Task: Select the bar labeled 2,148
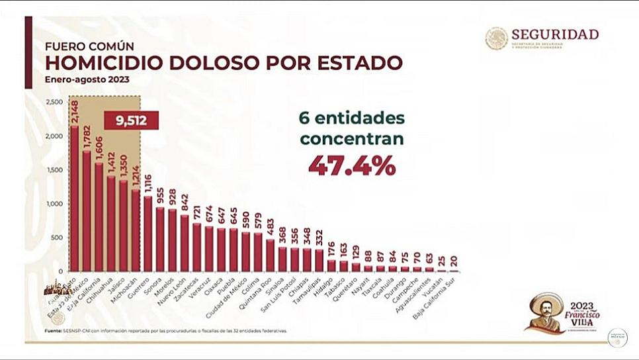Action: (x=74, y=199)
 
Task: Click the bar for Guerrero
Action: (x=148, y=234)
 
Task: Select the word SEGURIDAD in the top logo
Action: (x=554, y=34)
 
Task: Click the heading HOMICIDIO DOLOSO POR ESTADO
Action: (x=224, y=63)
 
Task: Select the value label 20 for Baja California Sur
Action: (x=453, y=261)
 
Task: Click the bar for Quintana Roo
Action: (x=270, y=255)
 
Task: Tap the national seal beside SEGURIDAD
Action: (x=496, y=38)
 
